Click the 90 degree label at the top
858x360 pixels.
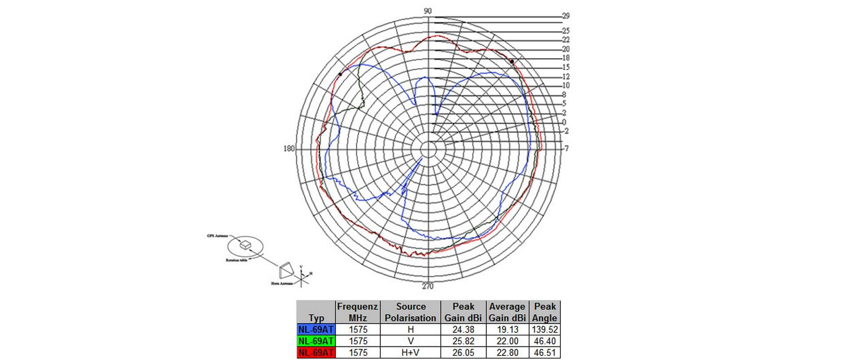point(428,11)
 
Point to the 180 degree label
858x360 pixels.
point(289,149)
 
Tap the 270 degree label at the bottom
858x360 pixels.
point(428,286)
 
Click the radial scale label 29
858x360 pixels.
point(566,16)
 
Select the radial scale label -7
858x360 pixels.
point(566,149)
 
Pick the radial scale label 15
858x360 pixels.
point(566,67)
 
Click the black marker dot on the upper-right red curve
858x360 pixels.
point(512,62)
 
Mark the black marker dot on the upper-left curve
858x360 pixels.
point(340,74)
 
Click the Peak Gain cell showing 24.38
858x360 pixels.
point(463,330)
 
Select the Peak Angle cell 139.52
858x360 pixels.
point(545,330)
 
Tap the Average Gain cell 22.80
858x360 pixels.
point(507,352)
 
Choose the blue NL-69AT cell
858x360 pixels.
point(316,330)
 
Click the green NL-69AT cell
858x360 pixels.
point(316,341)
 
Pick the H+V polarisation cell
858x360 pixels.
point(410,352)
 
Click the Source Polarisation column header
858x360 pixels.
point(410,312)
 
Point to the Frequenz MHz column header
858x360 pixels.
point(357,312)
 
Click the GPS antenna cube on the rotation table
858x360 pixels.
point(246,245)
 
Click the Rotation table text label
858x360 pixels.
point(236,260)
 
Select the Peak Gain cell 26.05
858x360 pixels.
point(463,352)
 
